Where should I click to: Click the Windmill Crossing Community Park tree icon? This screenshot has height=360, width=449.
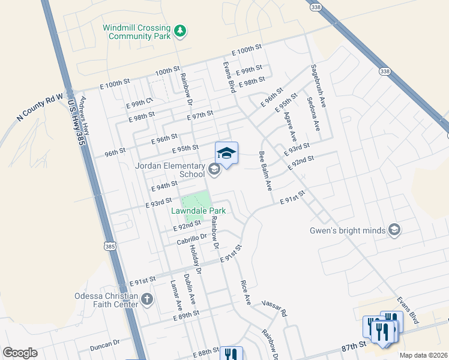179,31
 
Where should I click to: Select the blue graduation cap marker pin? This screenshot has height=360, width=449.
226,154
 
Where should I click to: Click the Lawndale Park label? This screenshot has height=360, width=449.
198,211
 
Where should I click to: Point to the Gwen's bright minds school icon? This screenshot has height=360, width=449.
394,230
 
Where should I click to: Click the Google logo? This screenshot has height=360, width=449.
20,353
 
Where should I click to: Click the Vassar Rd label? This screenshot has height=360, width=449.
277,309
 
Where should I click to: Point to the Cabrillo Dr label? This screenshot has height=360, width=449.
191,239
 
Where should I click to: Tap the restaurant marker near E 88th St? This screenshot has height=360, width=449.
231,354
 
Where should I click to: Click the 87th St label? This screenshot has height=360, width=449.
354,346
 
